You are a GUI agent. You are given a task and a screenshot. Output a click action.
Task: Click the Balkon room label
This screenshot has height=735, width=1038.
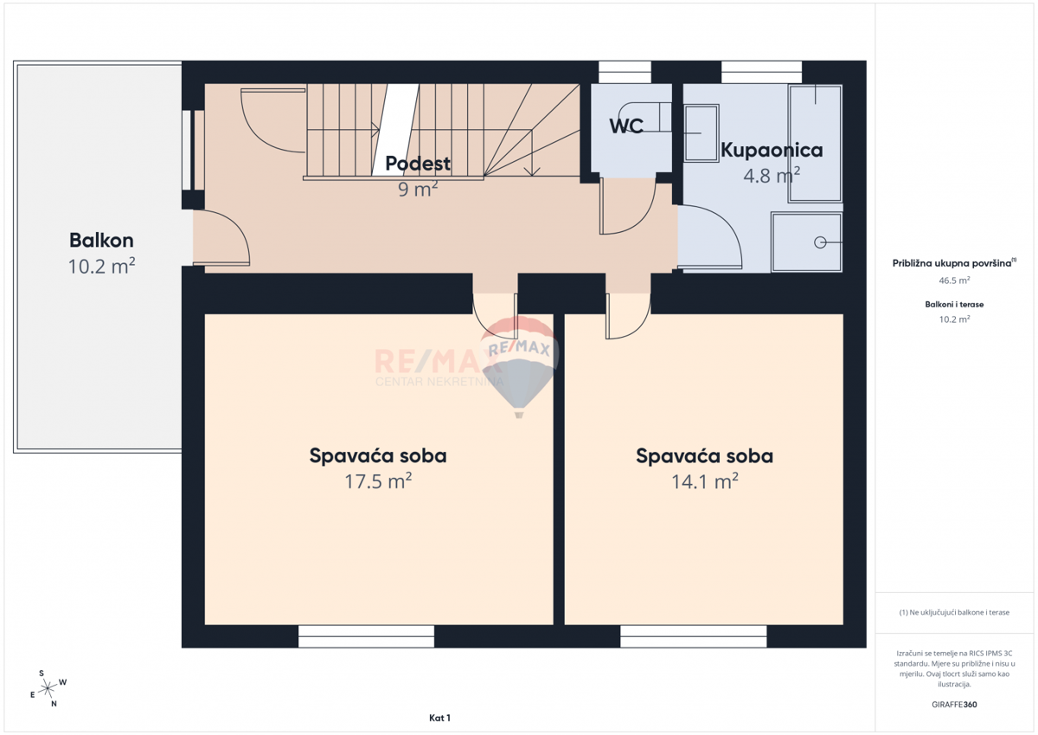(x=101, y=241)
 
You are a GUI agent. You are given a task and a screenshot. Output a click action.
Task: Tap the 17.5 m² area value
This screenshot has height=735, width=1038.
(x=378, y=481)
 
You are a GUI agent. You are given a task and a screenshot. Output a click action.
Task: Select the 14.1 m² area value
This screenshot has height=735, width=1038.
(x=704, y=481)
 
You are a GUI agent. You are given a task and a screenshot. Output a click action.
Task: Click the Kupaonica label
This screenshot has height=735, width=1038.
(x=772, y=150)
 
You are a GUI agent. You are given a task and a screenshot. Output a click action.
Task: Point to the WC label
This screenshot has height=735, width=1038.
(x=626, y=126)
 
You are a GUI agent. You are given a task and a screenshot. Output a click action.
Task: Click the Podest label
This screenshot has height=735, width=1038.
(x=418, y=163)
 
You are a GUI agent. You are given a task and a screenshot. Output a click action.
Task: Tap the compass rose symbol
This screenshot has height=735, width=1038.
(x=48, y=687)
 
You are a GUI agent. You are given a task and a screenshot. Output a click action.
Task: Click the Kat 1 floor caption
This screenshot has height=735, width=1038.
(x=439, y=718)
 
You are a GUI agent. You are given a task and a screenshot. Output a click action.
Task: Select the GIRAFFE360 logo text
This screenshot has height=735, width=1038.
(x=954, y=705)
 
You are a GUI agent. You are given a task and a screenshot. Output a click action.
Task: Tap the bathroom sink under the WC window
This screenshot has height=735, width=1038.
(x=701, y=133)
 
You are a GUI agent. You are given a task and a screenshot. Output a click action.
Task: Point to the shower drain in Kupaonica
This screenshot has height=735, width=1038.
(x=819, y=242)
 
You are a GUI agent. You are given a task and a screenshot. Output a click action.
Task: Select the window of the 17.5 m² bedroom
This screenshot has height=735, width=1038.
(x=366, y=637)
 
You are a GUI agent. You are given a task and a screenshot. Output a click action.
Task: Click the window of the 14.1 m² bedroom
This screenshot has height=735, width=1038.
(x=693, y=637)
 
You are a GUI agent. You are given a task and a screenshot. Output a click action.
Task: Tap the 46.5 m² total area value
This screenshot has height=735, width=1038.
(x=954, y=280)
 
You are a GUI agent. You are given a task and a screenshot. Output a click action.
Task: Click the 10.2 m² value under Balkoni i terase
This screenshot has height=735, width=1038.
(x=954, y=319)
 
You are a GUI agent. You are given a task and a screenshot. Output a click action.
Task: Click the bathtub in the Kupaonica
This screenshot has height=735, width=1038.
(x=815, y=143)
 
